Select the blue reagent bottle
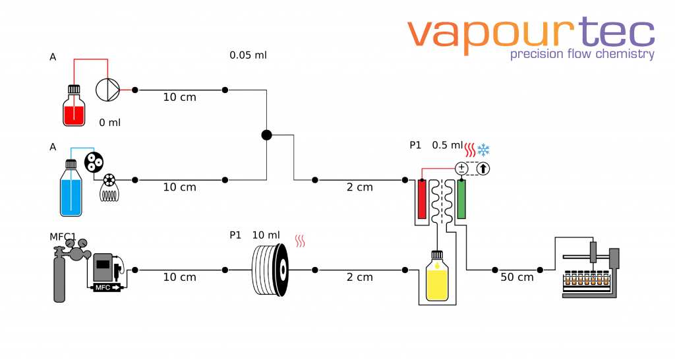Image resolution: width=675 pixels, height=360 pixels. coord(71,191)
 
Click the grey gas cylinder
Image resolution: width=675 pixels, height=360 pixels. coord(59,277)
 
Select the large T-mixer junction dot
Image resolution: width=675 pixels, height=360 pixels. coord(266,135)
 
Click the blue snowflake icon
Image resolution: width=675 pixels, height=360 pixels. coord(484,150)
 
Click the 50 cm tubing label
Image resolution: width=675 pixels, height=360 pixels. coord(517,278)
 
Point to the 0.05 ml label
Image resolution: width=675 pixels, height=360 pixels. coord(248,55)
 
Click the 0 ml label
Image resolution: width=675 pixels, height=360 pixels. coord(109,123)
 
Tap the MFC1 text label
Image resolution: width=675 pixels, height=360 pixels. coord(63,237)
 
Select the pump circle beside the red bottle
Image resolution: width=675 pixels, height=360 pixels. coord(108,89)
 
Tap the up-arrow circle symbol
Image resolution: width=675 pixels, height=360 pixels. coord(483,168)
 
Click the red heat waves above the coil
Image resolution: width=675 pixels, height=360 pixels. coord(301,241)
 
